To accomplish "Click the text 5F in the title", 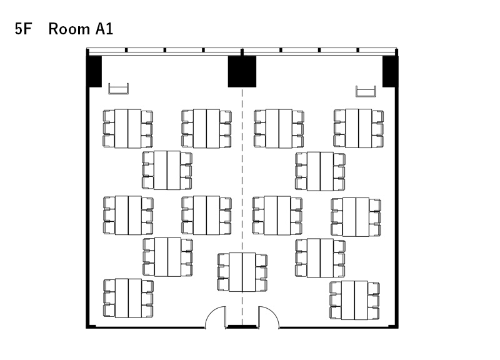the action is (23, 29).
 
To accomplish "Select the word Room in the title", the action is (69, 29).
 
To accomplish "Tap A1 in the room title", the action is (104, 29).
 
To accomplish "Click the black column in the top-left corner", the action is (95, 71).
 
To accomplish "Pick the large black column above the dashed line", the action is (242, 71).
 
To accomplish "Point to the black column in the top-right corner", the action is (389, 71).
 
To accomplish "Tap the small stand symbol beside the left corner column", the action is (118, 89).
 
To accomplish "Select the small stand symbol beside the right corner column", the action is (366, 91).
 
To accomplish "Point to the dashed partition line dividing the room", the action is (242, 207).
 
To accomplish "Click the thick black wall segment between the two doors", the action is (242, 327).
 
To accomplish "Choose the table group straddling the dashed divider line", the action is (242, 272).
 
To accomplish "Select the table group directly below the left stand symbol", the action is (127, 129).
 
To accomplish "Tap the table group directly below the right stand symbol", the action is (358, 128).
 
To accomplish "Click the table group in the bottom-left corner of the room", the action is (128, 298).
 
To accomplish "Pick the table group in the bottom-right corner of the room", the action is (354, 301).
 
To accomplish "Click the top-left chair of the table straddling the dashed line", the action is (223, 259).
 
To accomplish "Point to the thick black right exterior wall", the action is (397, 191).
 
